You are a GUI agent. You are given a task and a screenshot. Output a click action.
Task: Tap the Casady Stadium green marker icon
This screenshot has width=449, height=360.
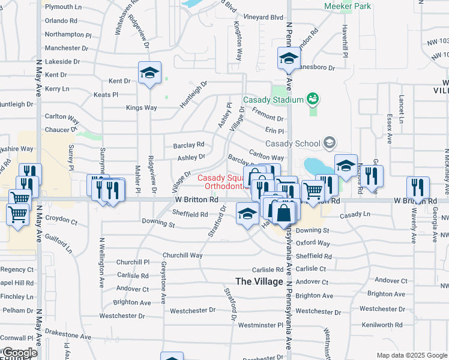click(312, 97)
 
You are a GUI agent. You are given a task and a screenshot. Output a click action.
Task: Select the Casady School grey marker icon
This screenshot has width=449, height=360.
click(329, 142)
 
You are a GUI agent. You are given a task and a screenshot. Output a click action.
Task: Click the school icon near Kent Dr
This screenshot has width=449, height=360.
click(149, 73)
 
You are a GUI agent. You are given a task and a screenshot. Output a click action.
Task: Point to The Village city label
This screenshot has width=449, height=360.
click(259, 281)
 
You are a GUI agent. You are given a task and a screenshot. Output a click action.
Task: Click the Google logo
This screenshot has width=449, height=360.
click(19, 353)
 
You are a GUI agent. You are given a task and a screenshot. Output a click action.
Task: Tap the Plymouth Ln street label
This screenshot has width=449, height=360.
click(63, 7)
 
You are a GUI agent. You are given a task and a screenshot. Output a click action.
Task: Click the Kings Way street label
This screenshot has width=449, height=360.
click(141, 108)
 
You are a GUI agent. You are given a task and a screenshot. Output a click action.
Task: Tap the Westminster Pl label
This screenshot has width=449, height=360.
click(260, 325)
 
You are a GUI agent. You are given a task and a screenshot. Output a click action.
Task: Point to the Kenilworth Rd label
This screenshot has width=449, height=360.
click(385, 325)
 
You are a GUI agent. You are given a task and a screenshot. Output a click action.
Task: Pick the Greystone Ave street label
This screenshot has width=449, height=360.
click(163, 282)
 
